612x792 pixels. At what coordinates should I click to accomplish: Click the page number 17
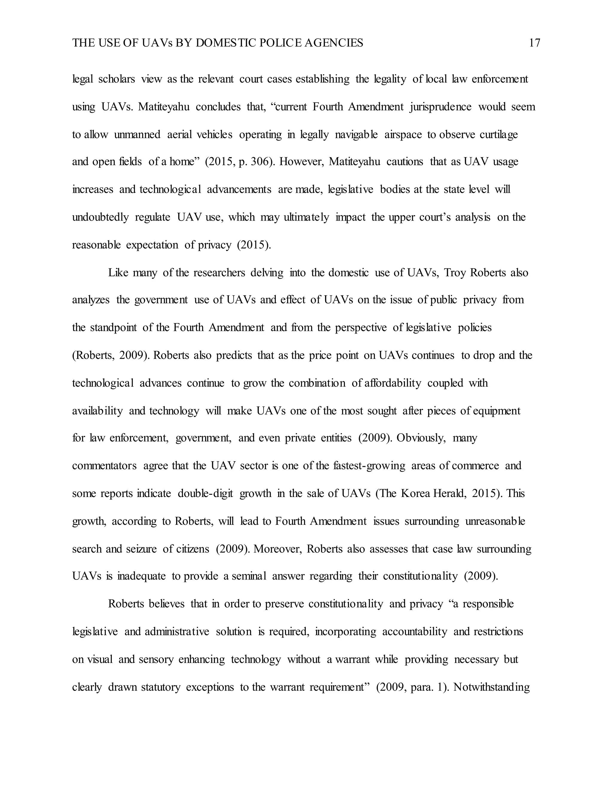tap(534, 43)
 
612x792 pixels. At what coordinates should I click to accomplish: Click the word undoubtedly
tap(100, 217)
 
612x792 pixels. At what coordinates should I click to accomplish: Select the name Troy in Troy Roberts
tap(455, 273)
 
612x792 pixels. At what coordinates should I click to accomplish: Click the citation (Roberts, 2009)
tap(111, 355)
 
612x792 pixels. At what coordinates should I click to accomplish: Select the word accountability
tap(415, 632)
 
